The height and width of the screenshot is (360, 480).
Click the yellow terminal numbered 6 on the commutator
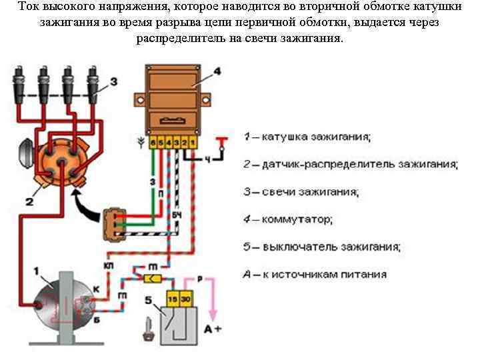pyautogui.click(x=153, y=143)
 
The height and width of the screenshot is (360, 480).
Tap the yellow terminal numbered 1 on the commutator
pyautogui.click(x=192, y=143)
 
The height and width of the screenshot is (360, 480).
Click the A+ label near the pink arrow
pyautogui.click(x=212, y=329)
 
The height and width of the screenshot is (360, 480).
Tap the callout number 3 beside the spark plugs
pyautogui.click(x=114, y=82)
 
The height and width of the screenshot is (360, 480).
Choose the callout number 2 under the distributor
pyautogui.click(x=29, y=199)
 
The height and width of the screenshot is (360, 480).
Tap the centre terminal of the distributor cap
pyautogui.click(x=56, y=159)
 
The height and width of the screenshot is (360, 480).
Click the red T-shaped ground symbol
pyautogui.click(x=221, y=141)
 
